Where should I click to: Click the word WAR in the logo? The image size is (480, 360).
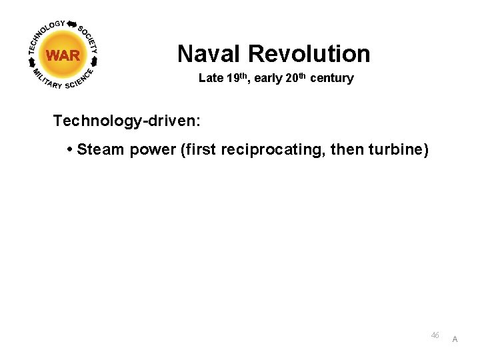(x=63, y=55)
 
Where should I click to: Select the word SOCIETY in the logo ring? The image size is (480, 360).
(x=89, y=39)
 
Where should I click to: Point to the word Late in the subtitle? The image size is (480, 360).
(x=211, y=78)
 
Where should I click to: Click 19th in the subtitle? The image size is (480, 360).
(x=238, y=78)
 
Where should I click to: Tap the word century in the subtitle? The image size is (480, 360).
(x=331, y=78)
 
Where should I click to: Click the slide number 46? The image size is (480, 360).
(x=435, y=335)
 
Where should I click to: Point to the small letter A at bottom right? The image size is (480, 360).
(x=455, y=339)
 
